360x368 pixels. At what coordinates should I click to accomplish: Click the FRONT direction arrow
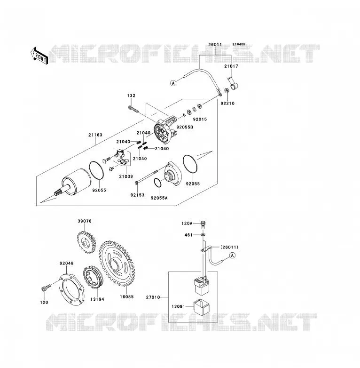point(39,56)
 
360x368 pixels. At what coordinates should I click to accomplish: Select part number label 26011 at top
point(215,45)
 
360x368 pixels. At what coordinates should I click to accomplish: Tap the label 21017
point(231,66)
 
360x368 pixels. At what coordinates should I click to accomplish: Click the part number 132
point(131,96)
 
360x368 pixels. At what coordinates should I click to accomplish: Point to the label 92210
point(227,103)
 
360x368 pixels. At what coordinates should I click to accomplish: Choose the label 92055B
point(185,127)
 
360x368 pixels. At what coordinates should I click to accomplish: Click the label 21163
point(95,135)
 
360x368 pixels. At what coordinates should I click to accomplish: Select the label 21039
point(126,176)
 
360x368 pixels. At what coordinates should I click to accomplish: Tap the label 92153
point(137,195)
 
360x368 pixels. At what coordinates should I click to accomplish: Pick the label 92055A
point(159,198)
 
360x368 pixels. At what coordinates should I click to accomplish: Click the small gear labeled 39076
point(86,242)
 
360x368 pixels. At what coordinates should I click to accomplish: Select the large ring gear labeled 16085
point(117,264)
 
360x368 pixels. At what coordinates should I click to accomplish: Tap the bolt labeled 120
point(46,288)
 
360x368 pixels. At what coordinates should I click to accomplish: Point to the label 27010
point(153,297)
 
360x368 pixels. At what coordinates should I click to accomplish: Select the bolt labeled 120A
point(203,224)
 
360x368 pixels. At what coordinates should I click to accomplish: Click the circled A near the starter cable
point(173,83)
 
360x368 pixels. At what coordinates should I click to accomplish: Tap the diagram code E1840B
point(239,44)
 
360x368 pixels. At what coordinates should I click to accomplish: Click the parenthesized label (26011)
point(229,247)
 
